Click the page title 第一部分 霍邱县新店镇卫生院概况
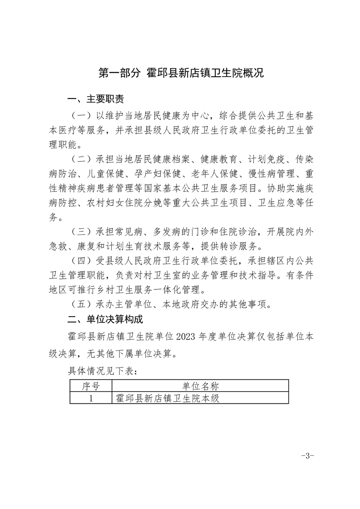point(181,73)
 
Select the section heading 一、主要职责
point(95,98)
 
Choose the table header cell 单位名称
point(200,386)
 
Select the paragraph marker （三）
point(81,232)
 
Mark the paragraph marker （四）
point(81,262)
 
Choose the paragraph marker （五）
point(81,304)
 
